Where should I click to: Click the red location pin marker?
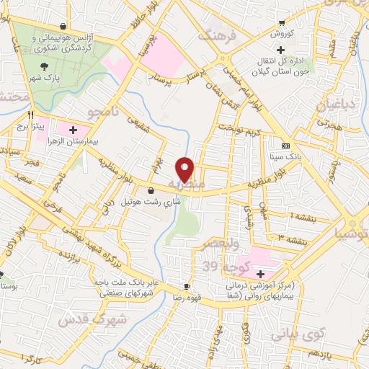pyautogui.click(x=186, y=169)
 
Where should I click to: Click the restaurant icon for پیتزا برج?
pyautogui.click(x=30, y=115)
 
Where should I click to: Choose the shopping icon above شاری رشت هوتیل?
pyautogui.click(x=150, y=190)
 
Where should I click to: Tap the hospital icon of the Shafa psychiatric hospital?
pyautogui.click(x=259, y=273)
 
